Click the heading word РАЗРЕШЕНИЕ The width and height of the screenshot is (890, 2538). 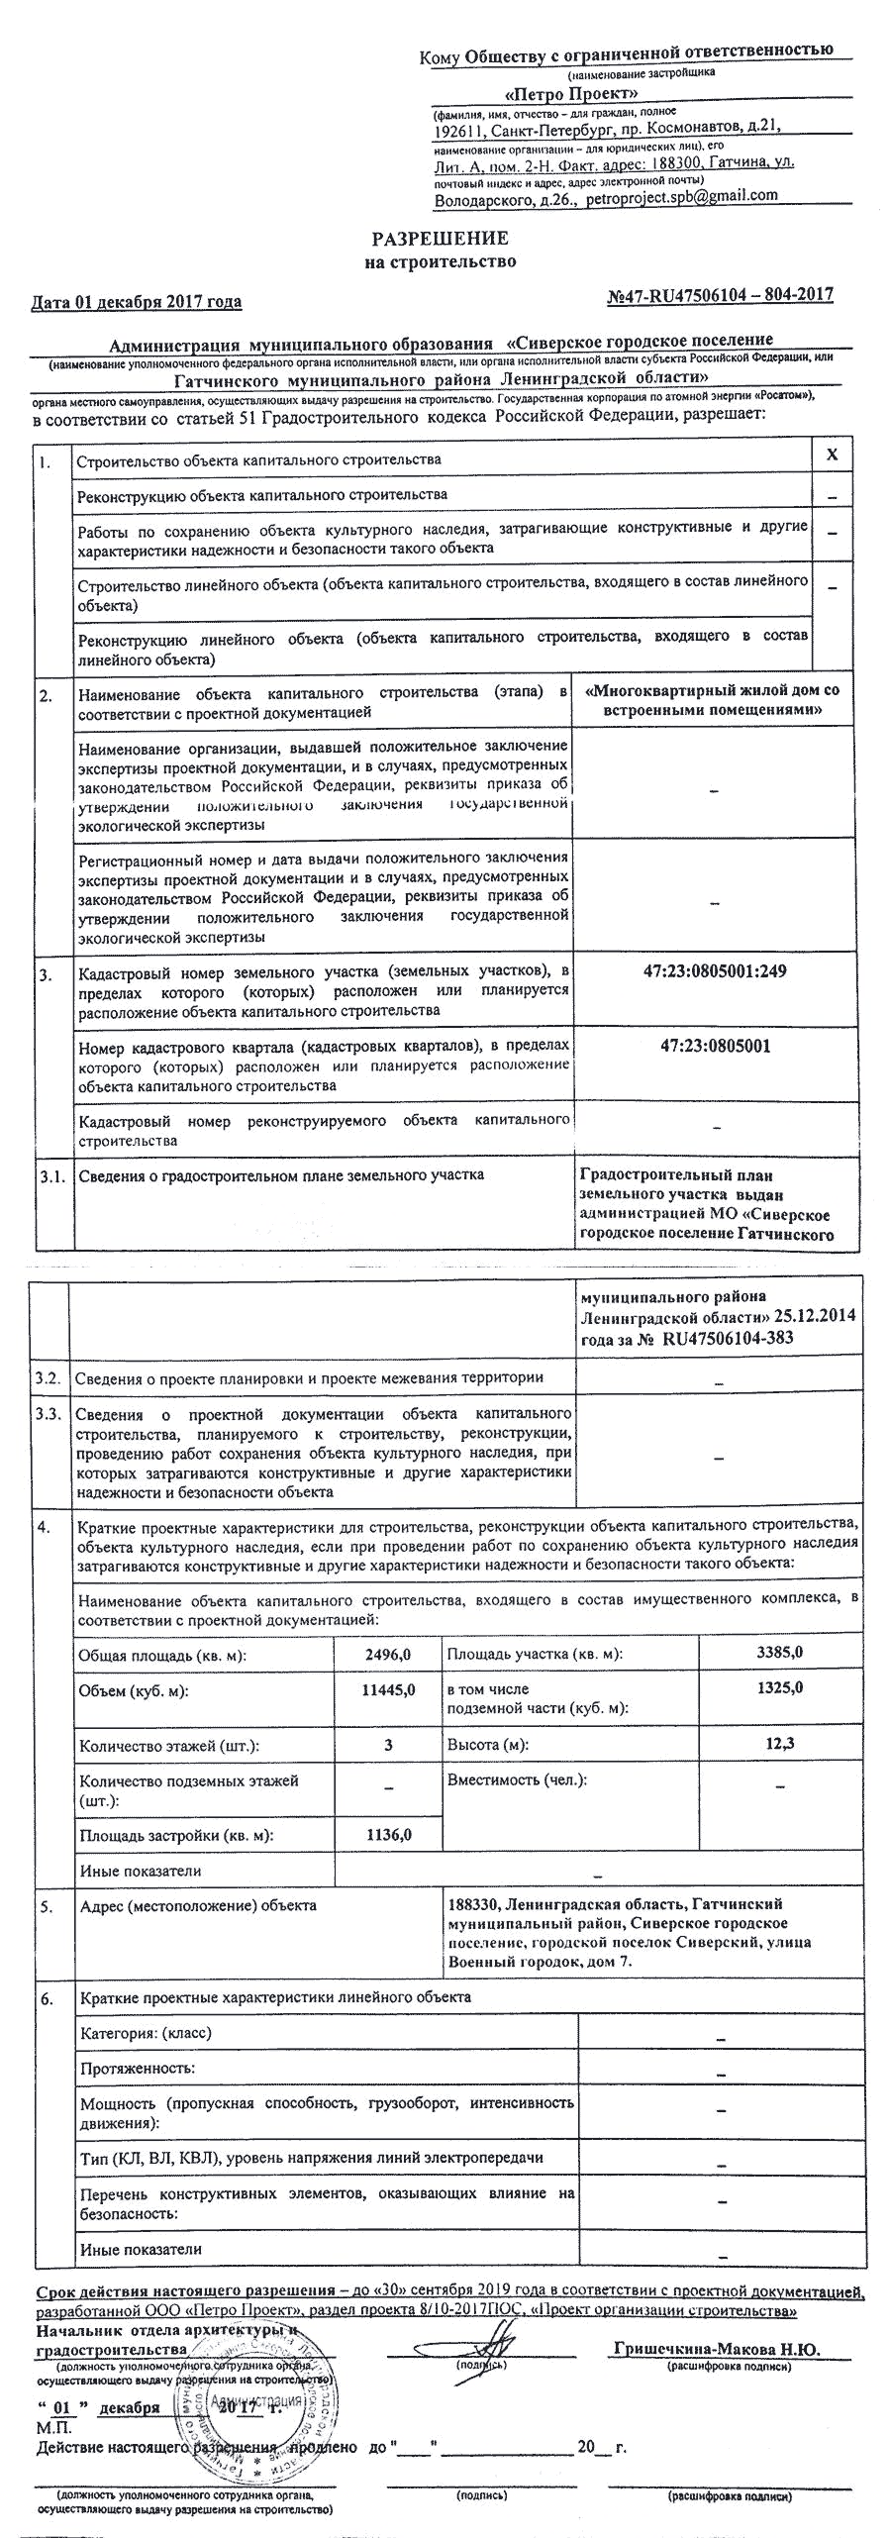440,239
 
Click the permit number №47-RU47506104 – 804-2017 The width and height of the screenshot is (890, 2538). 719,294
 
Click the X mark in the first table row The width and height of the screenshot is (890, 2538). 833,455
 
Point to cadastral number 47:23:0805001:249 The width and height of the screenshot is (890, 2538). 715,971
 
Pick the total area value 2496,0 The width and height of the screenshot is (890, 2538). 388,1654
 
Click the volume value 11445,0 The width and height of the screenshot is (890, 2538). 388,1689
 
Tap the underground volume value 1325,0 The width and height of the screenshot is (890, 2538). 779,1687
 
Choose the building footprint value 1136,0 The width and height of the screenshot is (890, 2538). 388,1835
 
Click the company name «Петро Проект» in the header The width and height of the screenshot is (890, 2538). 571,93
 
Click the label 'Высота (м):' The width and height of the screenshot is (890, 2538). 486,1745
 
